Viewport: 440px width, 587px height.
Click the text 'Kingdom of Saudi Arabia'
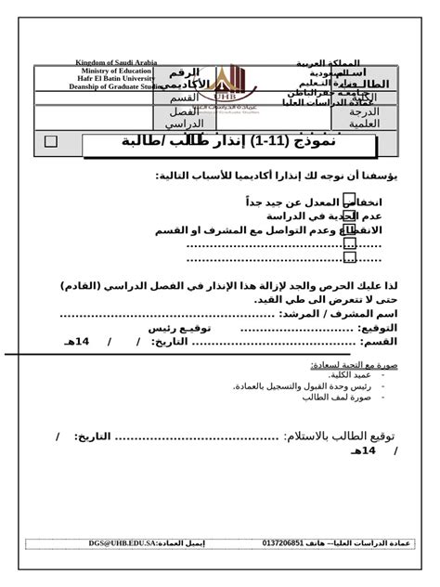click(x=116, y=62)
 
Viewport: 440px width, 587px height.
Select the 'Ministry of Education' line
click(x=116, y=71)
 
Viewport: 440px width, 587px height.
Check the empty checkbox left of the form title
click(x=50, y=141)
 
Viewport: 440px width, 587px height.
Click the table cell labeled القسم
click(x=183, y=98)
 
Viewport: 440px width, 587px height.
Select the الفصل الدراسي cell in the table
click(x=183, y=117)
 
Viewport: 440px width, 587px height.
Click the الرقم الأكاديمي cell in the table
click(x=183, y=78)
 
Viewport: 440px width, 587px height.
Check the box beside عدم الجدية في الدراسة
click(x=350, y=215)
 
